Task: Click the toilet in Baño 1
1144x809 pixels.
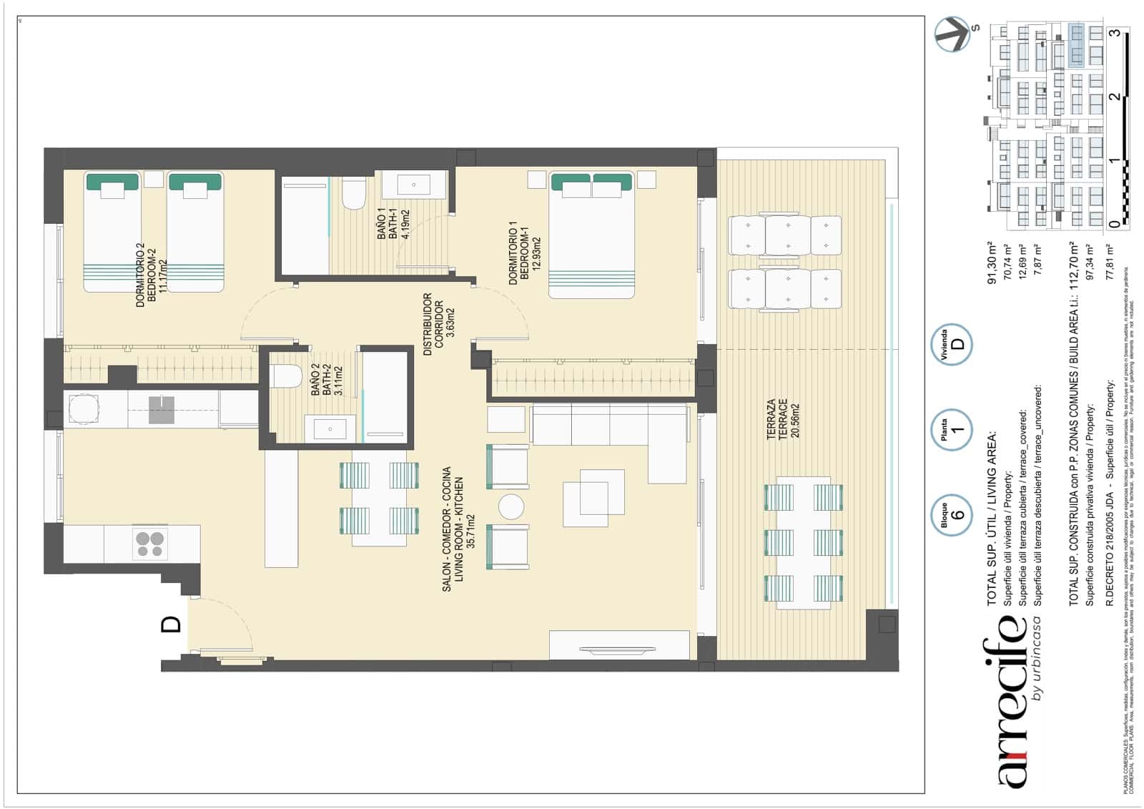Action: (x=353, y=194)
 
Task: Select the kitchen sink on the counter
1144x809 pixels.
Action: (x=162, y=410)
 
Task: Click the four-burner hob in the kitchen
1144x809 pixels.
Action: (x=150, y=544)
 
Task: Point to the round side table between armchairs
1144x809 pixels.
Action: (x=511, y=507)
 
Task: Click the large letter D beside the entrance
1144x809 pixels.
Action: (x=172, y=624)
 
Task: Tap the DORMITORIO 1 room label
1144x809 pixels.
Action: (x=518, y=253)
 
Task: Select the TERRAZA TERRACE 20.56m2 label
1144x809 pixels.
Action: (x=781, y=420)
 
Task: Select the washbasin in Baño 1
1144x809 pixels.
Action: (x=414, y=185)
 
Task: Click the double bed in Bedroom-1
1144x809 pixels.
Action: (x=592, y=236)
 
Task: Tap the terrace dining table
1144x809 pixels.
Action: (x=804, y=542)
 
